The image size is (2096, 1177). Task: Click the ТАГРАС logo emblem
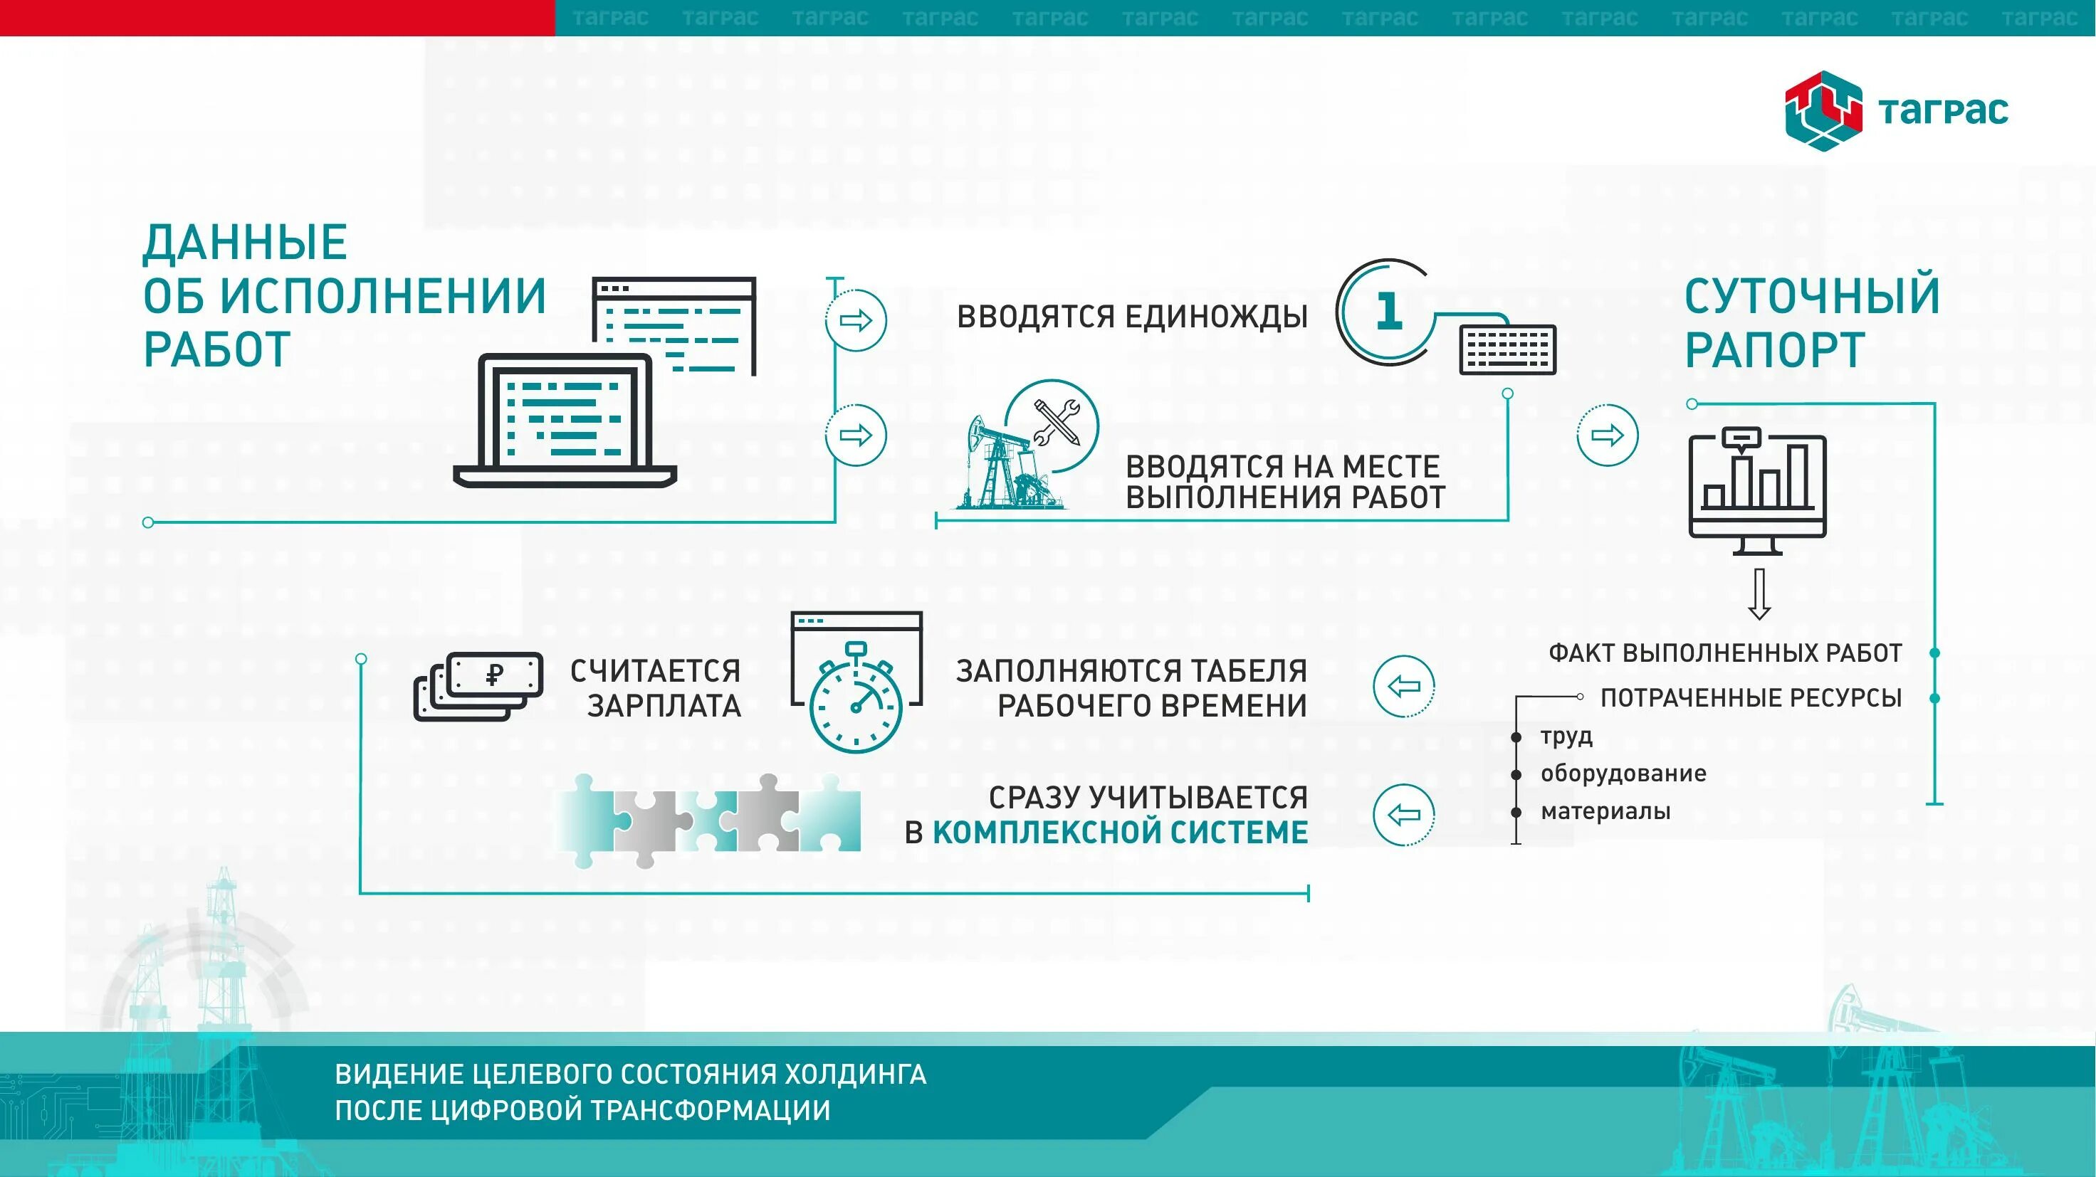coord(1823,112)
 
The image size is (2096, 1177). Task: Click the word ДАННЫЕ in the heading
coord(245,243)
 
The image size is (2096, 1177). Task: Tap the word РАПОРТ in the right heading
coord(1773,351)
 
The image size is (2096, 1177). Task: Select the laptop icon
coord(565,421)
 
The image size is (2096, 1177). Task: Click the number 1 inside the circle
coord(1388,311)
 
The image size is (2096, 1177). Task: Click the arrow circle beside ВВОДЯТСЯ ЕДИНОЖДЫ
coord(855,320)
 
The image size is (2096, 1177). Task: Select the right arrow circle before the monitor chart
coord(1607,436)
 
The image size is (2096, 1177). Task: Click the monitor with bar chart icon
coord(1758,492)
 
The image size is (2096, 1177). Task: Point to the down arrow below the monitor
coord(1759,593)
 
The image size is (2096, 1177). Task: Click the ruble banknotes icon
coord(478,686)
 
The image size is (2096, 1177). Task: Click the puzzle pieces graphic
coord(708,819)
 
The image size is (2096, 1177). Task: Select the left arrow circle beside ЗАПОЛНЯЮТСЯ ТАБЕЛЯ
coord(1403,687)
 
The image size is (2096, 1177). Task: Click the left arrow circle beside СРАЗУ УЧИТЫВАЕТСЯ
coord(1403,814)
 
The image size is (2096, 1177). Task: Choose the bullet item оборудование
coord(1623,774)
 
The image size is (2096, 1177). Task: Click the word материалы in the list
coord(1605,812)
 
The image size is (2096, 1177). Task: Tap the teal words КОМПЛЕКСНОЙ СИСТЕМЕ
coord(1120,833)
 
